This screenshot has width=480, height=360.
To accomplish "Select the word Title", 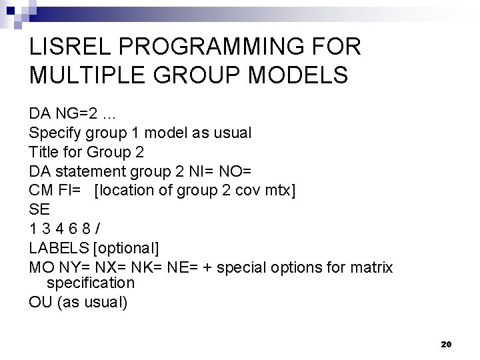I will [x=45, y=152].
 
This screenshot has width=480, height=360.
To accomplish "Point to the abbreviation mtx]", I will [x=279, y=191].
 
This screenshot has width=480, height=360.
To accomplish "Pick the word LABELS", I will [x=59, y=249].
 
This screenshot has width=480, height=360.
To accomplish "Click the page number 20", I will [x=447, y=344].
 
